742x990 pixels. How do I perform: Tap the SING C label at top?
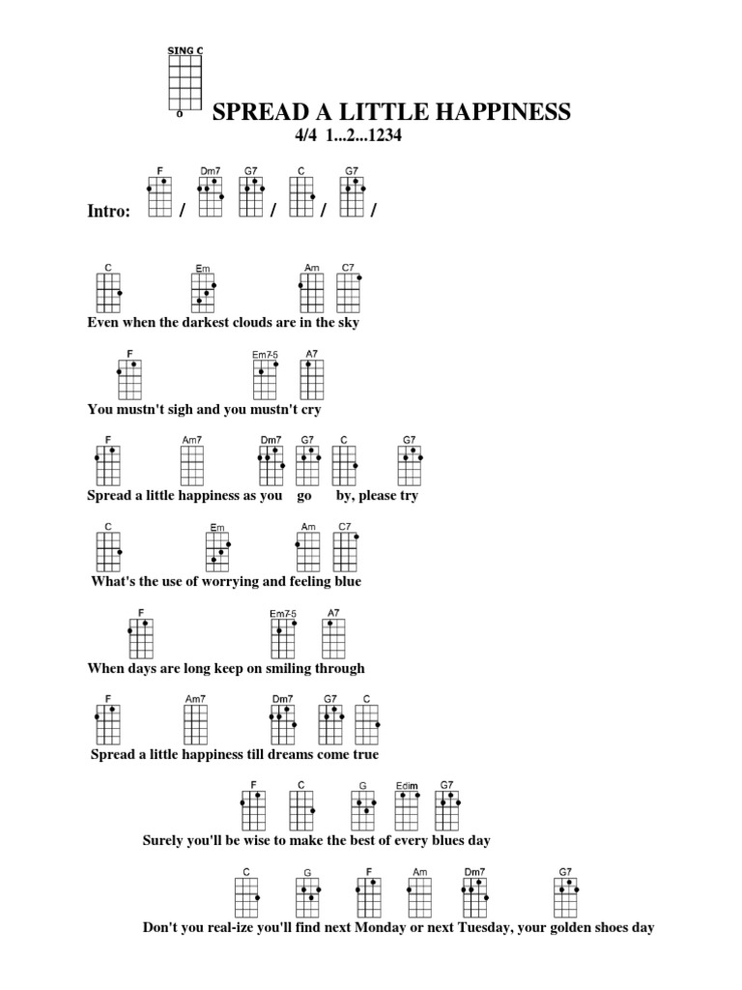pos(185,49)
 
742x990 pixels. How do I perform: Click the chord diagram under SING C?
pos(185,83)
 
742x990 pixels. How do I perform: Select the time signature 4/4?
pos(307,136)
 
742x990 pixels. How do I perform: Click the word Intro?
pos(108,212)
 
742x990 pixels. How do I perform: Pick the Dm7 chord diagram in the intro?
pos(210,199)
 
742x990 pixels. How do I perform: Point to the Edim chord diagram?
pos(406,810)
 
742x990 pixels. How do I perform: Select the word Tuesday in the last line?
pos(484,928)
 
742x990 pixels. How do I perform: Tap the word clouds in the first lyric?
pos(257,323)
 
